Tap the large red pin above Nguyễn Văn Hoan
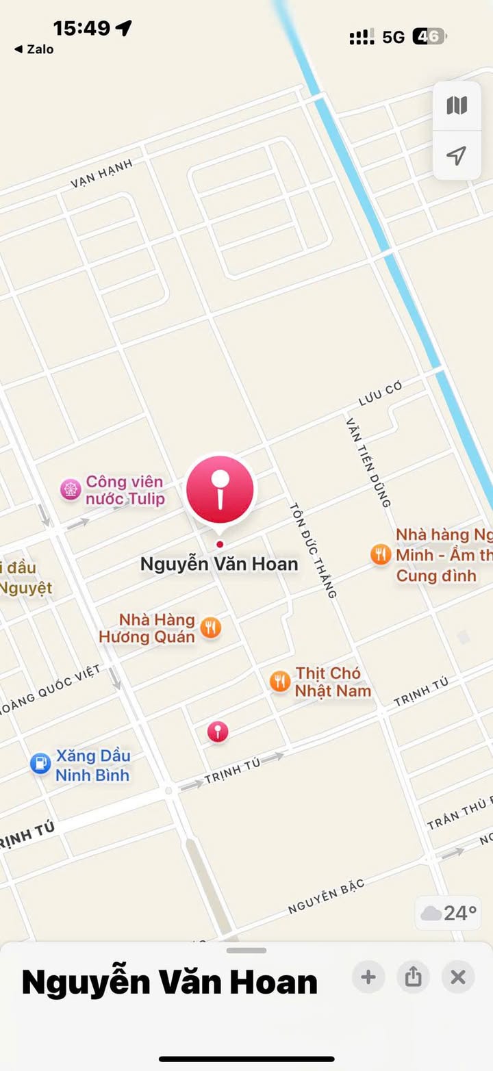(220, 489)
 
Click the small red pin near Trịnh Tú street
(218, 732)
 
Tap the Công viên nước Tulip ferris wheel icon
(70, 490)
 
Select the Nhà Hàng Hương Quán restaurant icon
(211, 628)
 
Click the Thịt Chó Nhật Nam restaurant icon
(279, 681)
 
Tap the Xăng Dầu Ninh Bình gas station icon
(41, 764)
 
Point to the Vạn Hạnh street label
(101, 174)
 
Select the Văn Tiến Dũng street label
(368, 463)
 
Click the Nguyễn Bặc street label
(326, 896)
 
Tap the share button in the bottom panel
(413, 977)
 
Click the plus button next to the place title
(368, 977)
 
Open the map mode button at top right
(457, 105)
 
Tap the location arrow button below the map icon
(457, 156)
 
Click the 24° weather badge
(449, 913)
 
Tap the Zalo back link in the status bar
(34, 49)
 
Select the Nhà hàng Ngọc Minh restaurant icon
(381, 554)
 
